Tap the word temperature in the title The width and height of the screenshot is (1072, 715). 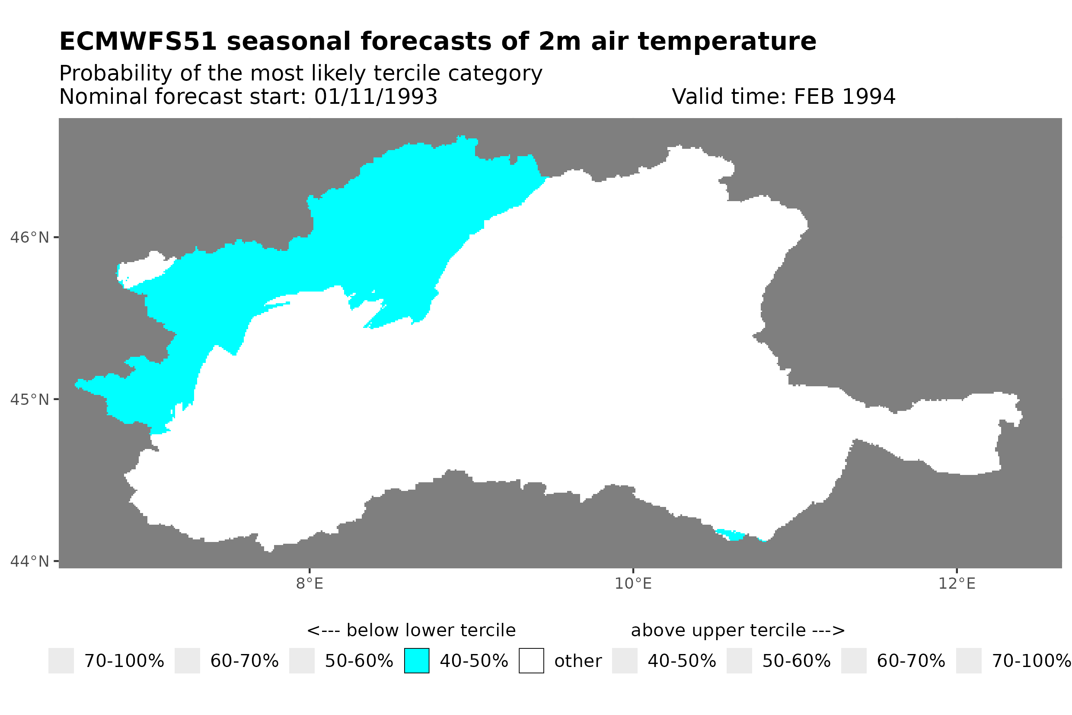726,42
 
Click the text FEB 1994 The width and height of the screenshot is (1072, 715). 844,96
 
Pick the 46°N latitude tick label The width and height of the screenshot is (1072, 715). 29,237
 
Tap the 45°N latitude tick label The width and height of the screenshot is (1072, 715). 29,399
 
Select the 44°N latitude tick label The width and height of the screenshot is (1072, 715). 29,561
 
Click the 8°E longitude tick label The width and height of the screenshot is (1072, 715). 309,584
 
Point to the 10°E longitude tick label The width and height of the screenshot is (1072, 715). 633,584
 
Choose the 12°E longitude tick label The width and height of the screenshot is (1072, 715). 956,584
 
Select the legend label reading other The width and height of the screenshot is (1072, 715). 577,661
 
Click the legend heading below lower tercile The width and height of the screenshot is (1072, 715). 411,631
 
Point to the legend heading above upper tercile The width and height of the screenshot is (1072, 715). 737,631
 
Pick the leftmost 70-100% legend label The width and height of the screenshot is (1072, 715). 124,661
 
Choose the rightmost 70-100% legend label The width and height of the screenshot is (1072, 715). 1031,661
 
